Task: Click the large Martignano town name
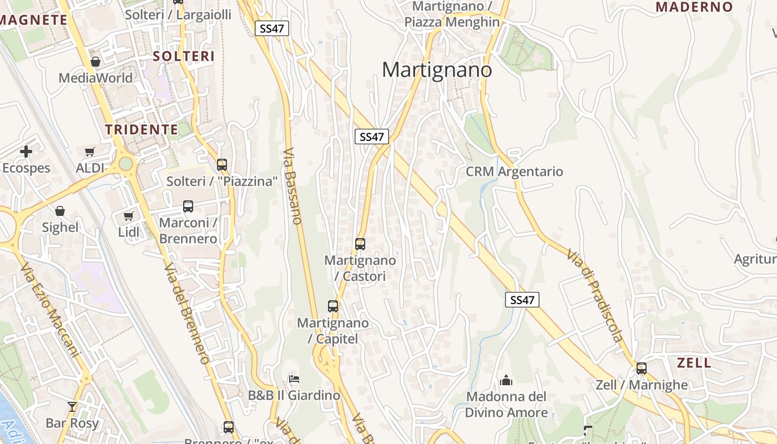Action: (x=437, y=70)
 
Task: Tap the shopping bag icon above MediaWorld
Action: (x=95, y=62)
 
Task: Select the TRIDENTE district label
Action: (x=142, y=130)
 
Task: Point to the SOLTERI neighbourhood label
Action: (x=184, y=56)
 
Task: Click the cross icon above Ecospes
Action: (x=26, y=152)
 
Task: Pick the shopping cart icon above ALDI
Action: (x=90, y=152)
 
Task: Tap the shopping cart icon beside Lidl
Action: (x=129, y=216)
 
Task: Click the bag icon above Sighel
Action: (x=60, y=211)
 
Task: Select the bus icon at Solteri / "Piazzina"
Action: (x=222, y=164)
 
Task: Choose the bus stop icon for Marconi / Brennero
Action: (x=188, y=206)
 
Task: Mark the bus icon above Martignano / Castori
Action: (x=360, y=244)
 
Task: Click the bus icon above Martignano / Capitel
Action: (x=333, y=306)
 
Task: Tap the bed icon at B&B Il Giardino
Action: (x=294, y=379)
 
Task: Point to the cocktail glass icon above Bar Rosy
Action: (x=72, y=406)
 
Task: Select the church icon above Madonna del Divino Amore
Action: (x=506, y=380)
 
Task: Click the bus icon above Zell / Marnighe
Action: (x=642, y=368)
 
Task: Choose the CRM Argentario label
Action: (x=514, y=171)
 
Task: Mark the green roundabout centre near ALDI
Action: (x=126, y=164)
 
